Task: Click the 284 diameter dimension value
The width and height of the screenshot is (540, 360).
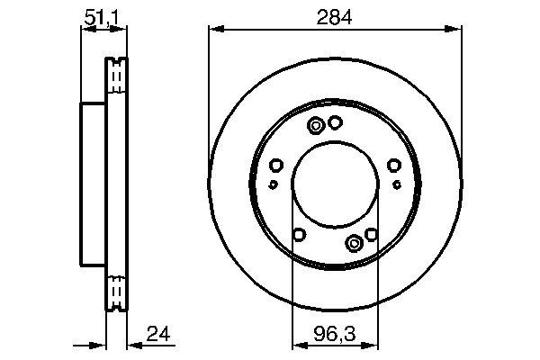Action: (336, 15)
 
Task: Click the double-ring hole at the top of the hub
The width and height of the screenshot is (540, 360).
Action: (316, 126)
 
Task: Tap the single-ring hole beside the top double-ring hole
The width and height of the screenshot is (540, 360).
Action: (335, 122)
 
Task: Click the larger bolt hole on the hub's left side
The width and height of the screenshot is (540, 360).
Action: (276, 165)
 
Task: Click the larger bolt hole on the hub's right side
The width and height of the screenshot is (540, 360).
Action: (394, 165)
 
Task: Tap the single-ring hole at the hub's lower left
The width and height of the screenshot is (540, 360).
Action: (300, 235)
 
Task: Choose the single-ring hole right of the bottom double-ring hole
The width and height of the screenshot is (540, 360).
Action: (370, 235)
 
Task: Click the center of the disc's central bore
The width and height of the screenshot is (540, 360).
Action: (336, 184)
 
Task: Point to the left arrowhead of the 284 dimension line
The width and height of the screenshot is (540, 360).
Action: (213, 30)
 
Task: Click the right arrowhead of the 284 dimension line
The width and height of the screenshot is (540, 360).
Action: (457, 30)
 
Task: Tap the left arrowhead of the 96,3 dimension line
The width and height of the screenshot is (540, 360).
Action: (296, 344)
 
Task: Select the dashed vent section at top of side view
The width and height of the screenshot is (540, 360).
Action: (116, 76)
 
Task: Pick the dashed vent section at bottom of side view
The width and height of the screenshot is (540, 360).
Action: (116, 291)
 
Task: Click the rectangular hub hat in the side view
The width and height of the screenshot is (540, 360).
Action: (94, 184)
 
